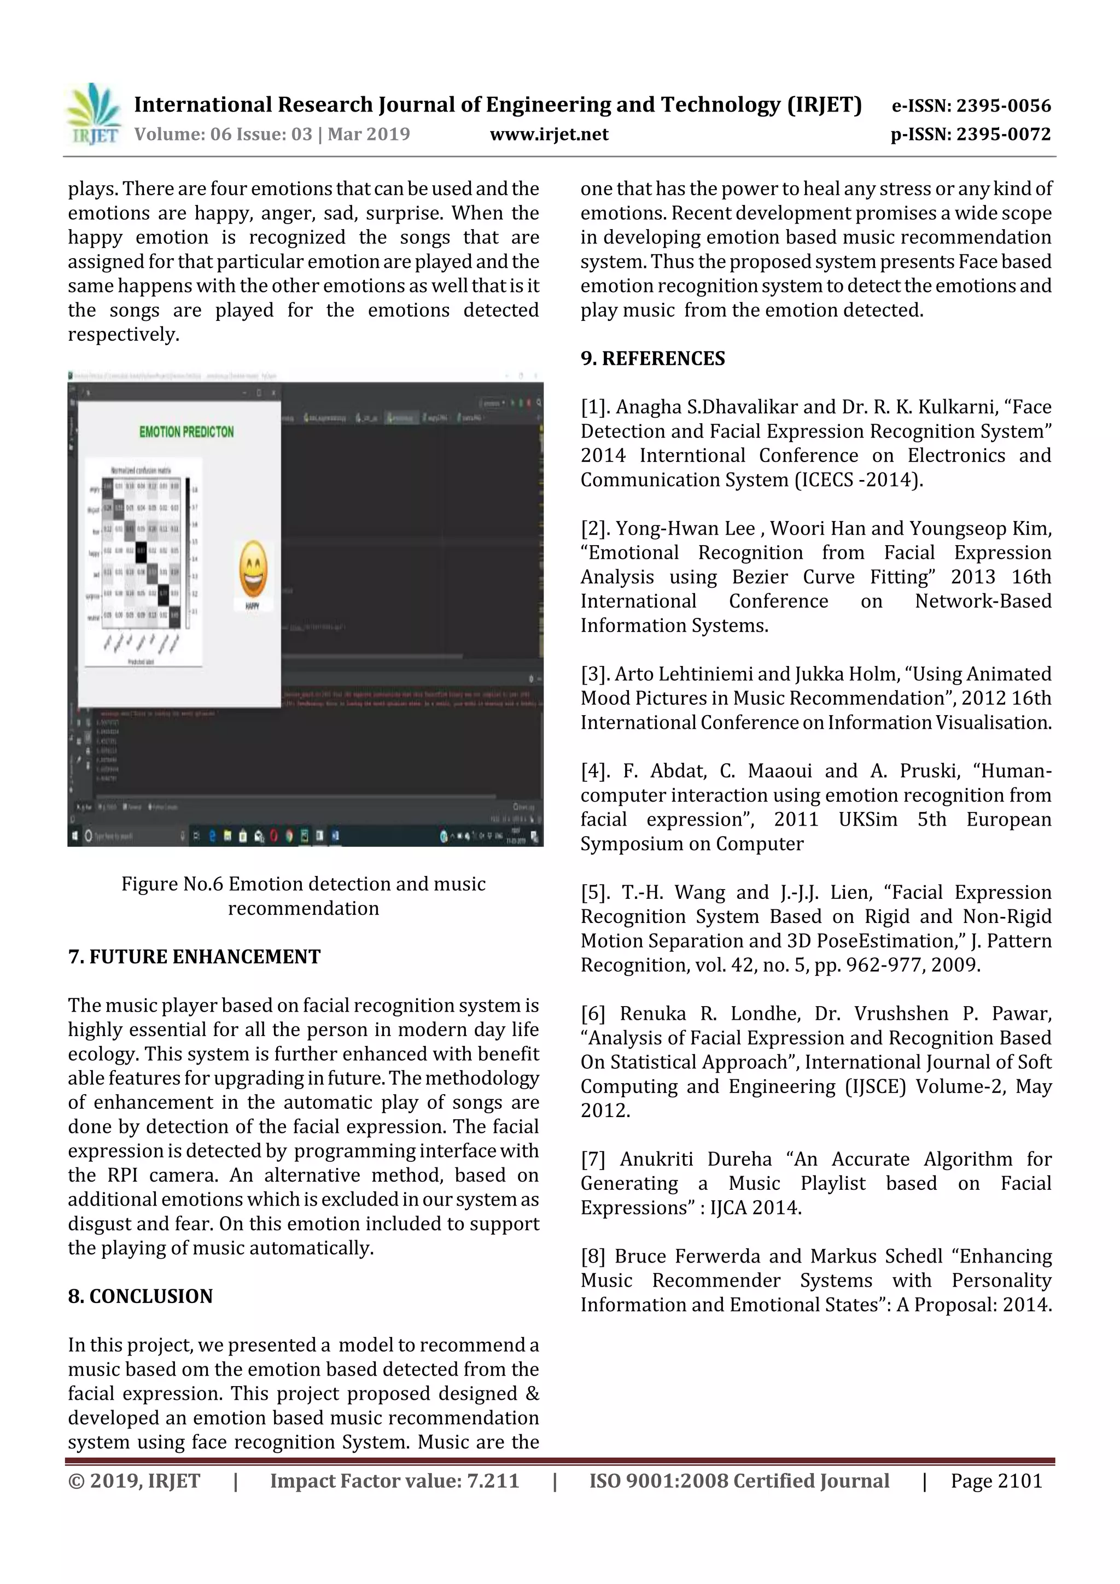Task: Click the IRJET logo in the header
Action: point(94,114)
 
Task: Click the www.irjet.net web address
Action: point(549,135)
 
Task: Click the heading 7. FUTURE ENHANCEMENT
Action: point(194,957)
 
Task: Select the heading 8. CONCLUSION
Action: point(140,1296)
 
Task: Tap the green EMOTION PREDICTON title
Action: point(186,432)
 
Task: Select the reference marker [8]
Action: point(593,1256)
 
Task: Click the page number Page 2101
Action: point(996,1481)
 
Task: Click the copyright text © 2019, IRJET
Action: point(134,1481)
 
